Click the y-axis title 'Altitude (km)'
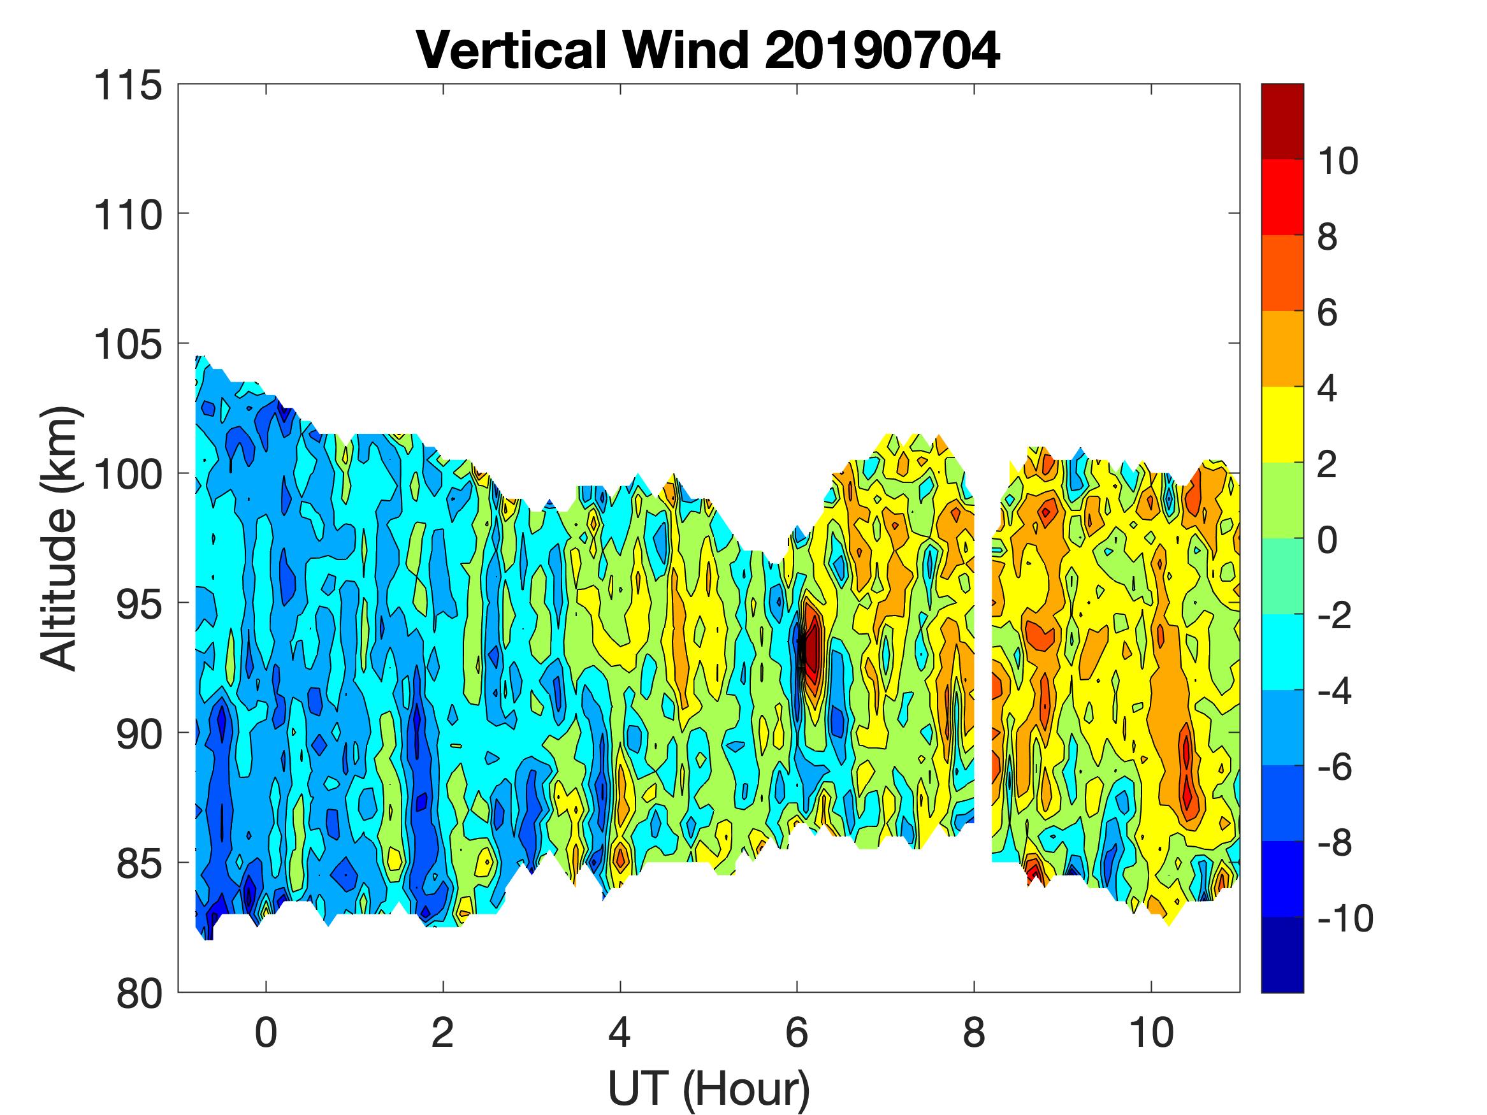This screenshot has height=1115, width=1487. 59,538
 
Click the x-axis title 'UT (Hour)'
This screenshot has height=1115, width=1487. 709,1088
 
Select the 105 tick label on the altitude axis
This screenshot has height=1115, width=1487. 128,345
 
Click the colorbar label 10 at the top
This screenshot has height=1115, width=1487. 1337,161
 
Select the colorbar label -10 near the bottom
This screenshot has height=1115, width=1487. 1344,918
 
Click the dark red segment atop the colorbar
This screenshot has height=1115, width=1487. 1282,121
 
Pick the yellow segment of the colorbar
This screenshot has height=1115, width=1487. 1282,424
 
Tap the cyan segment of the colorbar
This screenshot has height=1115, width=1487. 1282,651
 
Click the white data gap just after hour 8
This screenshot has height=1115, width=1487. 983,672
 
